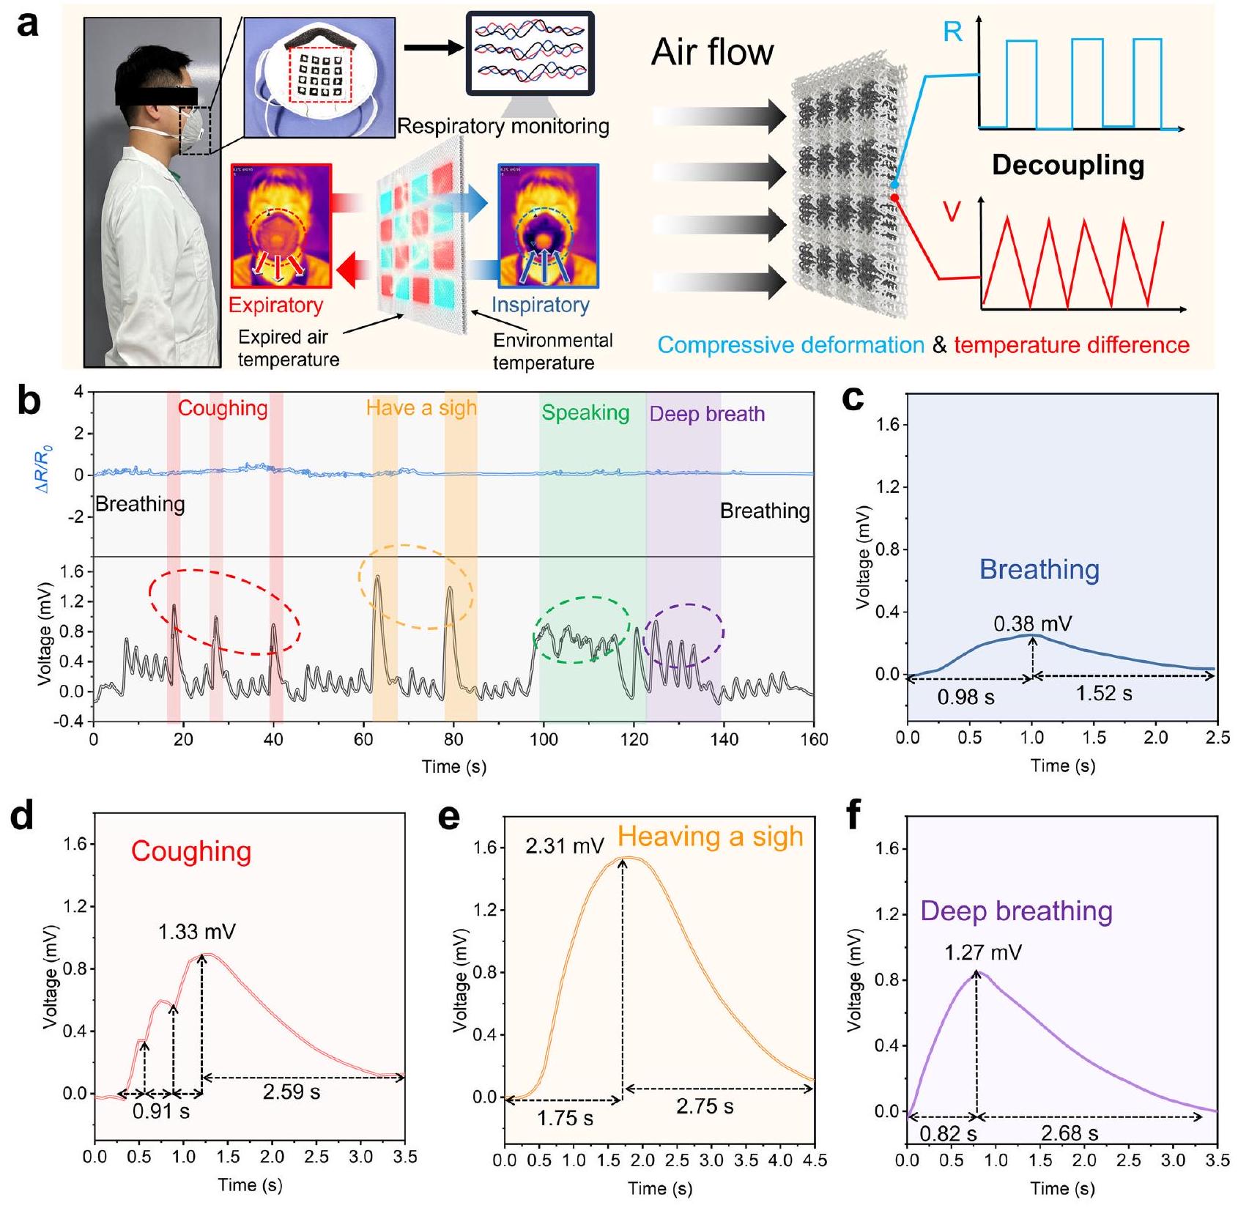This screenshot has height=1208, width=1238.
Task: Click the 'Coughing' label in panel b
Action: (x=223, y=408)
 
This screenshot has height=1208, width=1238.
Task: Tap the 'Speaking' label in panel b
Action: (x=585, y=413)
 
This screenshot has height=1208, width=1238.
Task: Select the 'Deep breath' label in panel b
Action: (x=707, y=414)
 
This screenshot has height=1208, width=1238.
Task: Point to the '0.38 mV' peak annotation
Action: (x=1032, y=624)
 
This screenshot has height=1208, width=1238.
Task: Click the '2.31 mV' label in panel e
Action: (x=565, y=847)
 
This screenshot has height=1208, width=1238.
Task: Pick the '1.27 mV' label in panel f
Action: (x=982, y=953)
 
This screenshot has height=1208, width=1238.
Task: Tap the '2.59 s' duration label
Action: (x=292, y=1092)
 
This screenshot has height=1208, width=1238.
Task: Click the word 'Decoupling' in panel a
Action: (x=1067, y=166)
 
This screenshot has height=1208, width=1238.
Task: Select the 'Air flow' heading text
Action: (x=712, y=52)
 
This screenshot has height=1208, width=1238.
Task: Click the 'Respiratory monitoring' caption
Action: (x=503, y=127)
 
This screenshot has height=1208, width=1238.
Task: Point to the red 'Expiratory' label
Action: (x=275, y=305)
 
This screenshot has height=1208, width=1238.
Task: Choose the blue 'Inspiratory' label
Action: (x=540, y=305)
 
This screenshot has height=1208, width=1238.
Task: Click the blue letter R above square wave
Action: (x=952, y=33)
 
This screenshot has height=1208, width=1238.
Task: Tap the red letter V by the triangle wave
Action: (x=952, y=212)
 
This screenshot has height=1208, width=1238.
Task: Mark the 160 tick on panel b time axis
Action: (x=814, y=740)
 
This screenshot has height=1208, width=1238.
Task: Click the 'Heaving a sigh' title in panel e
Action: (x=711, y=837)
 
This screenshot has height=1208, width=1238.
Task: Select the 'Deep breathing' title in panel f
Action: (x=1017, y=911)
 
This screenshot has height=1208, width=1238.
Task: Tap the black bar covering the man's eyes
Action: (x=156, y=96)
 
